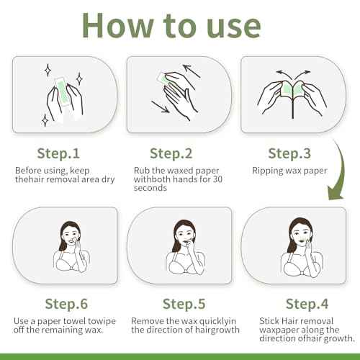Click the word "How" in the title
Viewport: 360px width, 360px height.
[x=117, y=26]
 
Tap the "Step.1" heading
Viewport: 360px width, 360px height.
[x=58, y=153]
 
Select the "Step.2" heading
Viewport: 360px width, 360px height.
[x=171, y=153]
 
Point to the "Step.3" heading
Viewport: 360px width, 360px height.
[x=289, y=153]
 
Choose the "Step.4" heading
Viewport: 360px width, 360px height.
[x=307, y=304]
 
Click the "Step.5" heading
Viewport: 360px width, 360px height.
[x=184, y=304]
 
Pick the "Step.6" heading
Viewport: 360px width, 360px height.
[x=66, y=304]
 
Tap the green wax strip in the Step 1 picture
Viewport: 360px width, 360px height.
[x=63, y=93]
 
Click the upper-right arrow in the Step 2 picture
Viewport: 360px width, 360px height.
[x=192, y=71]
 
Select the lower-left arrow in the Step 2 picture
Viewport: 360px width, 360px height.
[x=161, y=107]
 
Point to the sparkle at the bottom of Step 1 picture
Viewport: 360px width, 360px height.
[x=45, y=120]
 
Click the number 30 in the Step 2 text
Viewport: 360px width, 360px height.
[x=217, y=179]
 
